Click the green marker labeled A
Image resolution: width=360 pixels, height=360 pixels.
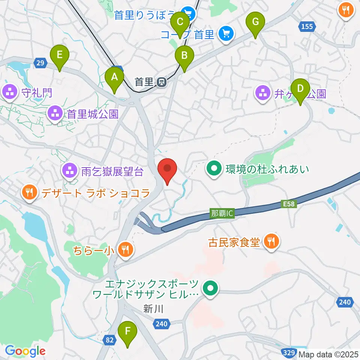pyautogui.click(x=114, y=78)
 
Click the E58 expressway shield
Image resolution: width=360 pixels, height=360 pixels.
pyautogui.click(x=287, y=204)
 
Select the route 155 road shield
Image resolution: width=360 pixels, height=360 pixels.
pyautogui.click(x=306, y=26)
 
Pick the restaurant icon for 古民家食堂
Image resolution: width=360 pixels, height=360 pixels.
pyautogui.click(x=271, y=242)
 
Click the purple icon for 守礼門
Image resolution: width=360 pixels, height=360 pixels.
pyautogui.click(x=9, y=92)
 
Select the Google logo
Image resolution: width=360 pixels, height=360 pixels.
pyautogui.click(x=25, y=351)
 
